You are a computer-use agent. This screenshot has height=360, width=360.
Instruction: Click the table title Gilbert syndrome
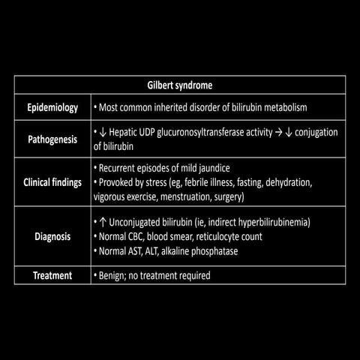tap(179, 85)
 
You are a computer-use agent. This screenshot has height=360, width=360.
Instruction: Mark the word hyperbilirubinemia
tap(272, 223)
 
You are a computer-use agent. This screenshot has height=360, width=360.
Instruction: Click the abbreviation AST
tap(139, 251)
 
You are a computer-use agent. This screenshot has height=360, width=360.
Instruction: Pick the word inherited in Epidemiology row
tap(176, 107)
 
